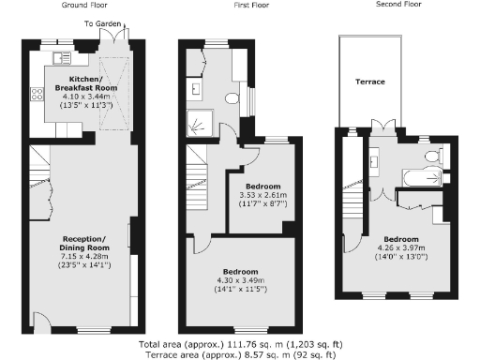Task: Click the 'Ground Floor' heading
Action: point(82,6)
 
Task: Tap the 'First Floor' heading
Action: point(247,6)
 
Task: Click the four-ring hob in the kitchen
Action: point(38,93)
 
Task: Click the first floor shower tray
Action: point(199,118)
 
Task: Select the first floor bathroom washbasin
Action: point(198,89)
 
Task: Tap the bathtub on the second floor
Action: point(415,175)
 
